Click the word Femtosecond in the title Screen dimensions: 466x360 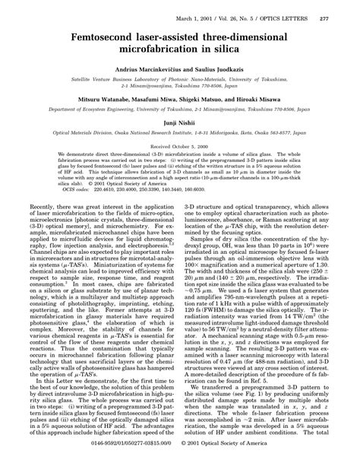coord(100,35)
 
